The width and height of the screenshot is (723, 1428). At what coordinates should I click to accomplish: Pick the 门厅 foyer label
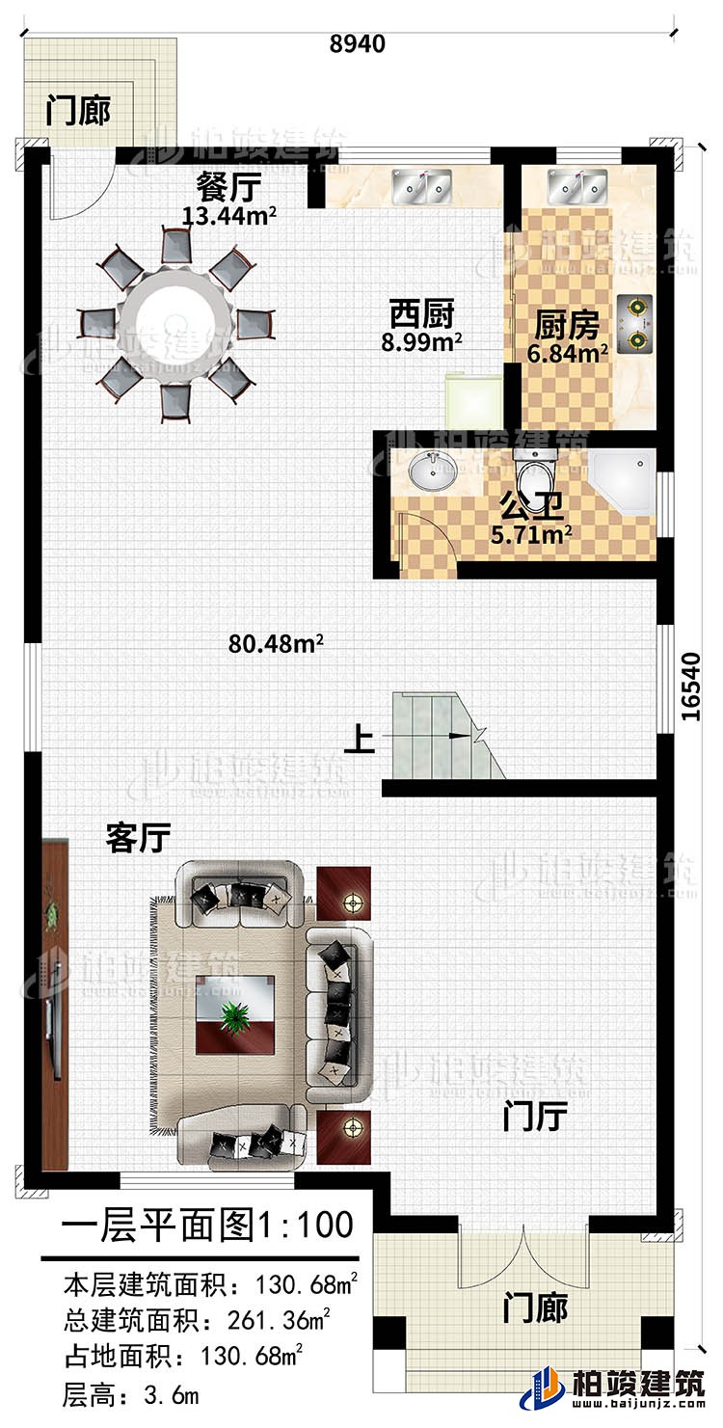(x=534, y=1118)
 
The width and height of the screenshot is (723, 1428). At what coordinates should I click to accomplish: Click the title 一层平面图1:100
(x=206, y=1226)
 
